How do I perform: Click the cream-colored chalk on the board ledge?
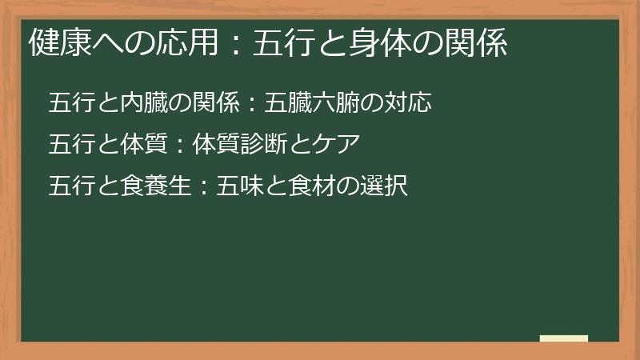(564, 338)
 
